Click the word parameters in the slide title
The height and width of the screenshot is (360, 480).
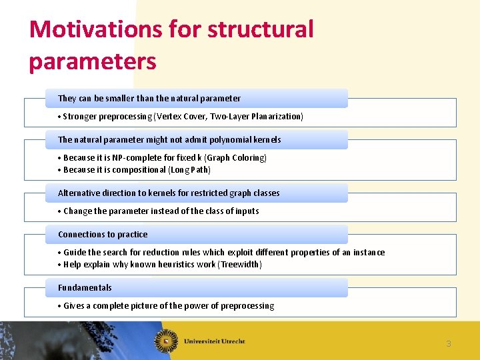93,61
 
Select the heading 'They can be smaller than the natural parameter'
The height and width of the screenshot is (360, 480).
149,99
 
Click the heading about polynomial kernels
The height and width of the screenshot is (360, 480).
169,140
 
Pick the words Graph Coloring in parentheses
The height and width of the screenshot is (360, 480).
236,158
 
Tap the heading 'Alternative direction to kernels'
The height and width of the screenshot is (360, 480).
169,193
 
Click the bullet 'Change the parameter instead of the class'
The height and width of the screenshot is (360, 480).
161,211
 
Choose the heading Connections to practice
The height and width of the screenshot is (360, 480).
103,235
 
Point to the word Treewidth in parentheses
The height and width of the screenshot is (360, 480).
241,265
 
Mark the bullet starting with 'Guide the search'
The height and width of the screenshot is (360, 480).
223,253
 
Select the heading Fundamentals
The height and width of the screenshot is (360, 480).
85,288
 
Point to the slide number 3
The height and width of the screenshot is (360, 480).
449,344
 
